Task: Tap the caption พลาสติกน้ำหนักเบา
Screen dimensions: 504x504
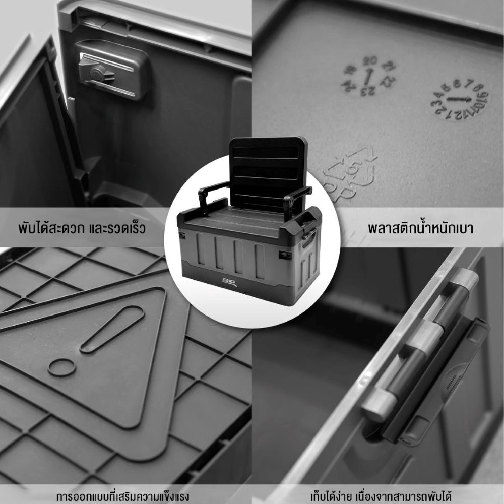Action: (x=421, y=229)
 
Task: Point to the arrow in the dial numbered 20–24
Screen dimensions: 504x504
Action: (x=369, y=77)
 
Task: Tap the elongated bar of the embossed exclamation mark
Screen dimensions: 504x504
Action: (x=112, y=329)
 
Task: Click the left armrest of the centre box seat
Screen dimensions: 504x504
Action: (x=212, y=194)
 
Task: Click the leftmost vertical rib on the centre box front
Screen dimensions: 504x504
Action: (x=200, y=250)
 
